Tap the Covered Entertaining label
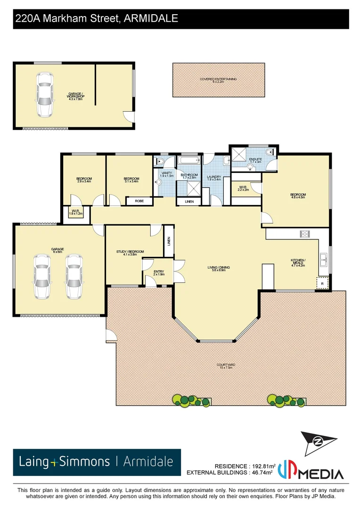218,80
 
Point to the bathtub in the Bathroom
189,161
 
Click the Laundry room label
214,178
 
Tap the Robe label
139,201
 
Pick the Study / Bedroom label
130,253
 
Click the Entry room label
159,273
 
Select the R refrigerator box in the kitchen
322,283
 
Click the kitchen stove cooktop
305,233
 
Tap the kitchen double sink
324,258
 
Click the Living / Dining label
219,269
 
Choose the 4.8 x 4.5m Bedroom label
298,196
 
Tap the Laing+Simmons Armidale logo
97,462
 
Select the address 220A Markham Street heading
97,19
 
